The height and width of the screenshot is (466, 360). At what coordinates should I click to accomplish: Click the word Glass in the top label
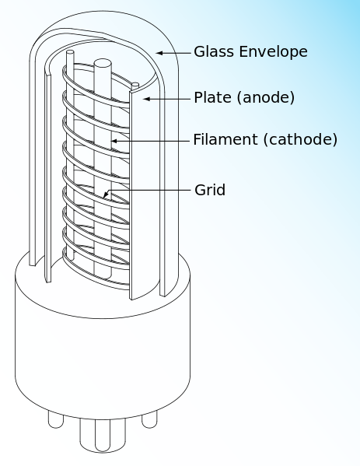click(x=212, y=52)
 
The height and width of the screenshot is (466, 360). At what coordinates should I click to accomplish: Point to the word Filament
click(x=222, y=140)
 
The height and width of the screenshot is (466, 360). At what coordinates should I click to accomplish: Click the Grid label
click(x=210, y=189)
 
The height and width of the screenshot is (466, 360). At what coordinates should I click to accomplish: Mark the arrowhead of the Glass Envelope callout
click(x=159, y=52)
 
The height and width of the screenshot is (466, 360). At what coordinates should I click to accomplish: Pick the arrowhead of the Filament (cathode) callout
click(x=114, y=141)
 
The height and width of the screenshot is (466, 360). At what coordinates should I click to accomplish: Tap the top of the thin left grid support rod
click(x=70, y=53)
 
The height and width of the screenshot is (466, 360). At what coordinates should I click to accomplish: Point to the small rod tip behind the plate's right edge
click(x=135, y=84)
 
